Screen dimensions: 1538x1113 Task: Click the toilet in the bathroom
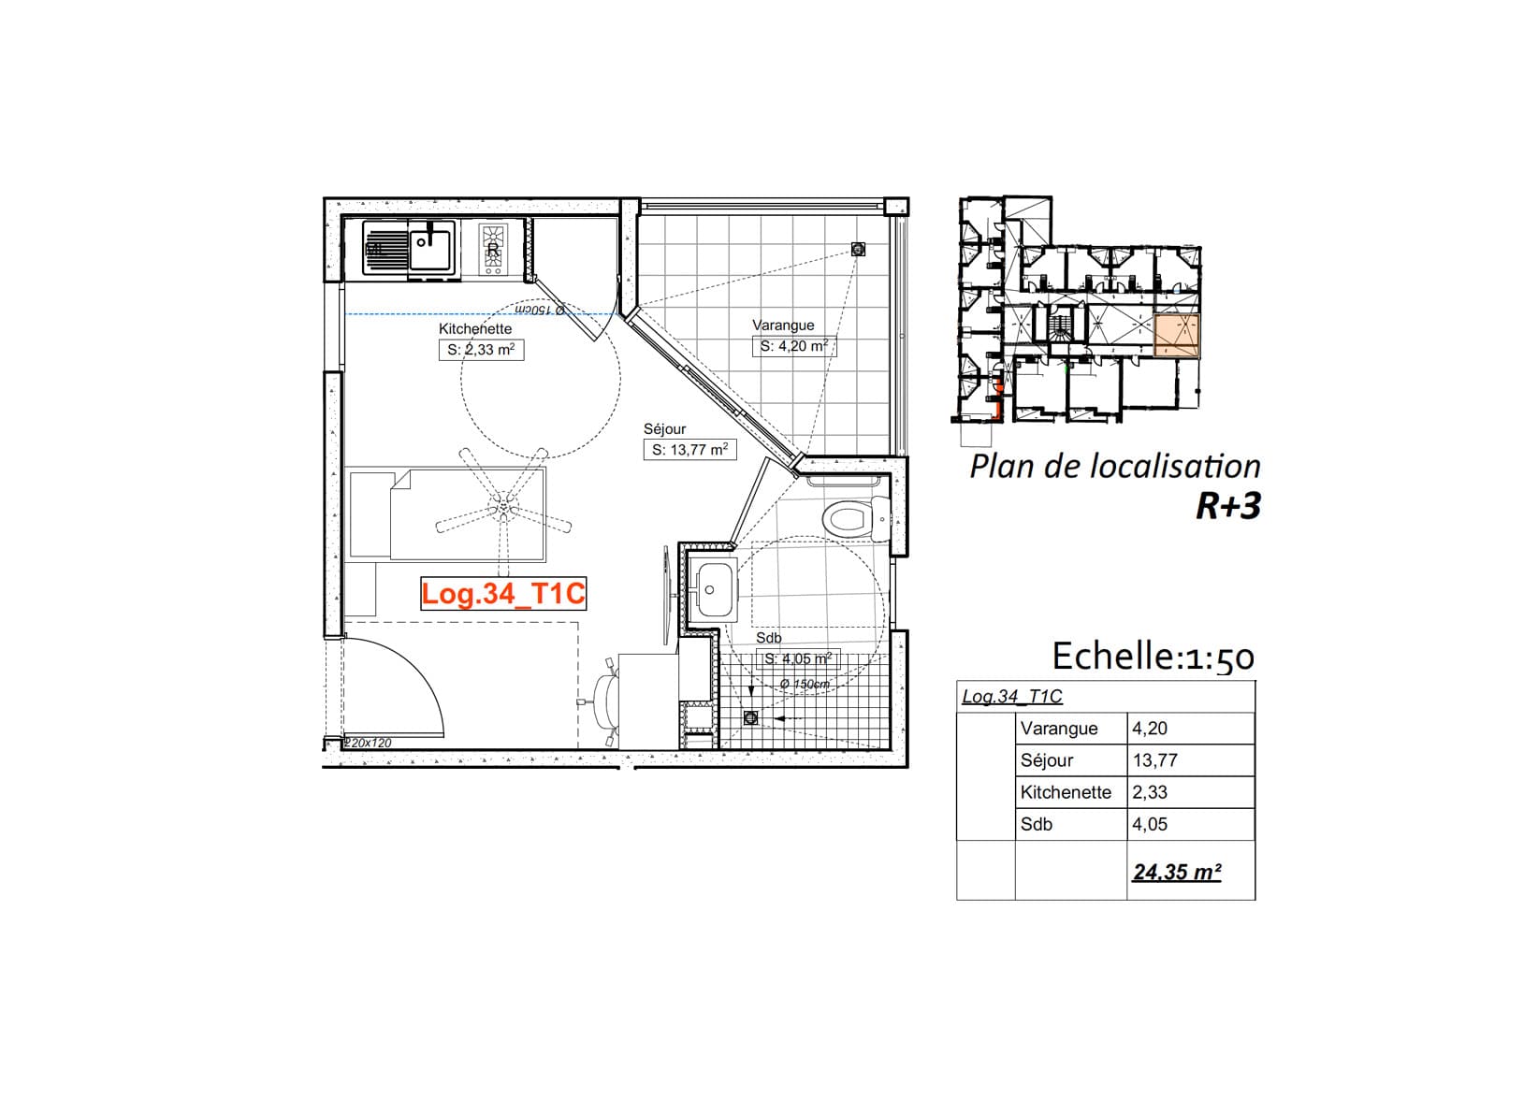click(x=859, y=519)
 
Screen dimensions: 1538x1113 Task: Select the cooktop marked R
click(x=493, y=249)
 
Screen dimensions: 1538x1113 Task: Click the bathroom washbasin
click(x=714, y=590)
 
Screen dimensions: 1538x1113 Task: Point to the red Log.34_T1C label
click(x=503, y=594)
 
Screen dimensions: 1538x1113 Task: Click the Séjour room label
click(x=664, y=429)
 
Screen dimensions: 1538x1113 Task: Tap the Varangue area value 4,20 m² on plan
click(x=794, y=346)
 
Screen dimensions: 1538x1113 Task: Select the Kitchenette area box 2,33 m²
click(x=481, y=350)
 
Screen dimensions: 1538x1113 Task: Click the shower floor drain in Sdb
click(x=750, y=717)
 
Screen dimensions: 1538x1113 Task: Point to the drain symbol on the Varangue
click(x=858, y=249)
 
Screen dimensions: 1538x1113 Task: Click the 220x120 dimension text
click(x=368, y=743)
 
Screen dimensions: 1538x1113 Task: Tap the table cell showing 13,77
click(x=1154, y=760)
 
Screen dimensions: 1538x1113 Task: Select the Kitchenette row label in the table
click(x=1066, y=792)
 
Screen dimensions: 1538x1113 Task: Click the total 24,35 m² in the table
click(x=1177, y=872)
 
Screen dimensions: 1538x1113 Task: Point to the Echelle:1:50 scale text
click(x=1153, y=657)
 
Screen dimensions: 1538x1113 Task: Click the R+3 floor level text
click(x=1228, y=506)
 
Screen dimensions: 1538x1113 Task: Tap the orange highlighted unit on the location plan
click(x=1177, y=337)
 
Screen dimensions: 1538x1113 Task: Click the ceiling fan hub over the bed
click(x=504, y=507)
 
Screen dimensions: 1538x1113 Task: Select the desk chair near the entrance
click(x=605, y=701)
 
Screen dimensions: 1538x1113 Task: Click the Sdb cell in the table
click(x=1036, y=824)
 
